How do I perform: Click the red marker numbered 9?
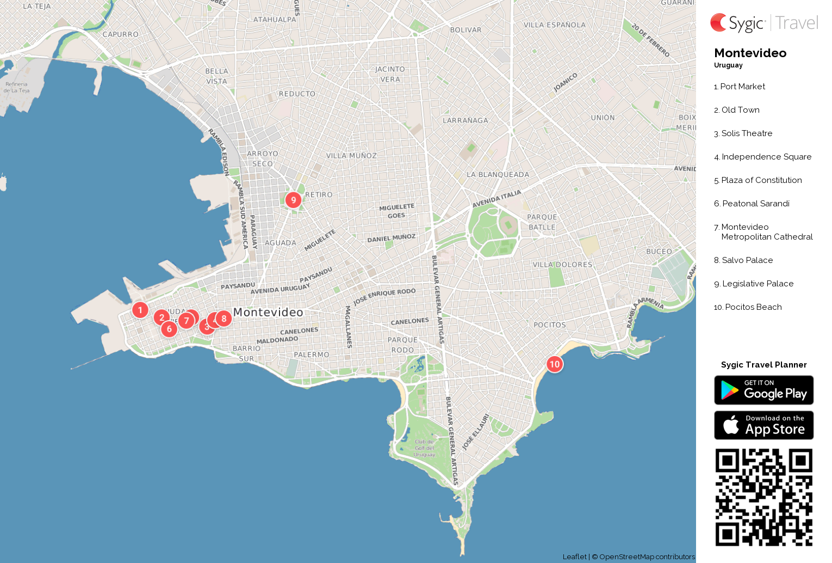point(294,200)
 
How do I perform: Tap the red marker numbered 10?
point(554,364)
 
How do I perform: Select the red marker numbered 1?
point(140,310)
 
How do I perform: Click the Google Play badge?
point(763,390)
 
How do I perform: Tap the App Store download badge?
point(763,425)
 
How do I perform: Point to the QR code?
point(763,497)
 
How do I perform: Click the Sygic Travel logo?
point(763,23)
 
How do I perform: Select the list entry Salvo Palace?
point(747,260)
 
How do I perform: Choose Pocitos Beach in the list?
point(753,307)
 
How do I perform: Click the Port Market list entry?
point(742,87)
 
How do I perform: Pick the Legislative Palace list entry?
point(758,284)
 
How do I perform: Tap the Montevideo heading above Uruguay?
point(750,53)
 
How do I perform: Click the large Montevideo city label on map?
point(268,312)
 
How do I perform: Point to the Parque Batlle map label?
point(542,222)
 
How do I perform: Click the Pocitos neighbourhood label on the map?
point(550,325)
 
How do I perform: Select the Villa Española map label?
point(554,25)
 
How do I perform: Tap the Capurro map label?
point(120,34)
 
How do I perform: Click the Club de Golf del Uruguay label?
point(424,448)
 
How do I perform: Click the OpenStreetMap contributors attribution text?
point(647,556)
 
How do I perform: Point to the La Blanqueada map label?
point(498,175)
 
